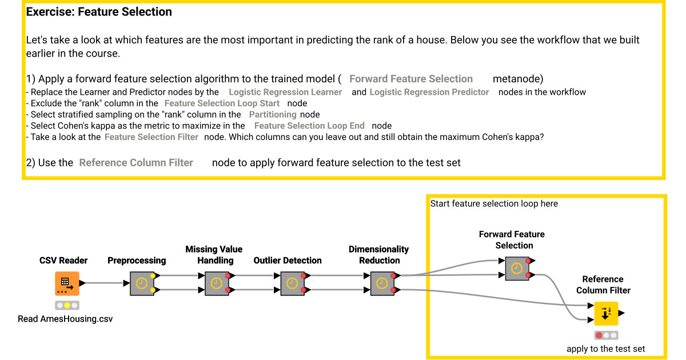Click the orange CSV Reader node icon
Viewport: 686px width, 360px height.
pos(67,283)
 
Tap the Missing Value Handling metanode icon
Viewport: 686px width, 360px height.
pos(216,283)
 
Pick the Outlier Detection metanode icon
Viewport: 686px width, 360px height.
pos(292,283)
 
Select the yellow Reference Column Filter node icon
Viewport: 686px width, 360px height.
pos(606,313)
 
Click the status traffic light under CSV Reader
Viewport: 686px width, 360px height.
pos(67,306)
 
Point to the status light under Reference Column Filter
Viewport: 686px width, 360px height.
pos(606,335)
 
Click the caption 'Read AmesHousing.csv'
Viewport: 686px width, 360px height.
pos(65,319)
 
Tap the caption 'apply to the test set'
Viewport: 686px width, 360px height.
pos(606,349)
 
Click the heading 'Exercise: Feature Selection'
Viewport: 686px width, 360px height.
pos(99,11)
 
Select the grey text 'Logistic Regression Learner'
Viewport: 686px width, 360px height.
pos(285,92)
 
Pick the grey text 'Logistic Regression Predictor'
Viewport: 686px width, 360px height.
pos(429,92)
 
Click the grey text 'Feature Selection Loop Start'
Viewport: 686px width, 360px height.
pos(222,103)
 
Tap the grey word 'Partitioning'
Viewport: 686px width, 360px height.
pos(273,114)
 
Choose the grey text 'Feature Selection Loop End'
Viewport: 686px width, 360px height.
pos(309,126)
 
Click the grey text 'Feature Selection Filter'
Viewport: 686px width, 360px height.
pos(151,137)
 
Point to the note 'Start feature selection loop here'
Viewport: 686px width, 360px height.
pos(494,203)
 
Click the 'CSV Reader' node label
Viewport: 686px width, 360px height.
pos(63,261)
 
